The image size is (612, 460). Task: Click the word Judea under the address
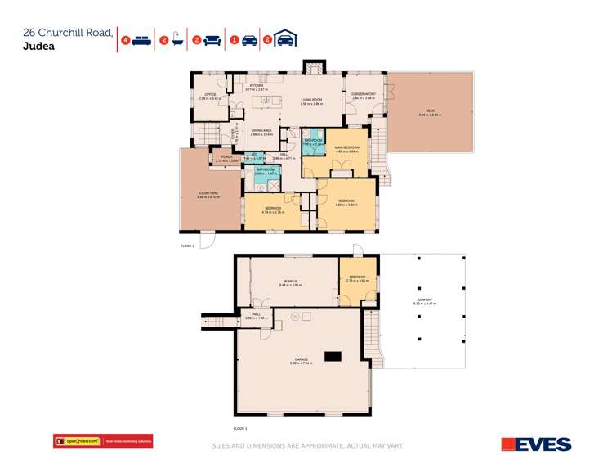click(x=40, y=47)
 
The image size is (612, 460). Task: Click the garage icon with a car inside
click(x=285, y=39)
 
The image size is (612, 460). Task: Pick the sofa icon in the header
click(x=212, y=39)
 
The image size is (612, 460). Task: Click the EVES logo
click(x=536, y=444)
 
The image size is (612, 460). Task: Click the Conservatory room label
click(x=363, y=94)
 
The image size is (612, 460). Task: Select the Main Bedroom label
click(x=346, y=147)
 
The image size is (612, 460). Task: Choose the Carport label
click(x=425, y=300)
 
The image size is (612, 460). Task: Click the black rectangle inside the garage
click(x=333, y=356)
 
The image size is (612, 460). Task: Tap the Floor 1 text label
click(x=239, y=428)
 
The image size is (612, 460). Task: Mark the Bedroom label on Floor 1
click(x=359, y=277)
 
